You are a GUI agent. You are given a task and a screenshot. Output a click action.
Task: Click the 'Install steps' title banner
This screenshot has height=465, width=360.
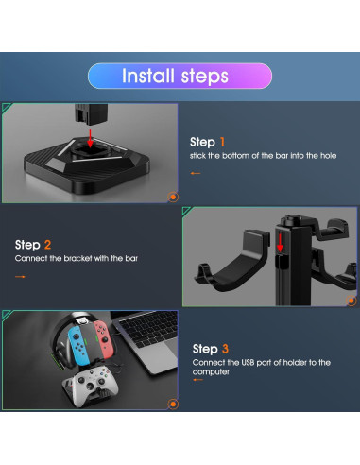(180, 76)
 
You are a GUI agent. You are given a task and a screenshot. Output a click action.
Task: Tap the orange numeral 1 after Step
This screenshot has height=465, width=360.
(222, 142)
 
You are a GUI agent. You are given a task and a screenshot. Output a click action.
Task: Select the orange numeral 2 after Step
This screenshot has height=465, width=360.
(47, 245)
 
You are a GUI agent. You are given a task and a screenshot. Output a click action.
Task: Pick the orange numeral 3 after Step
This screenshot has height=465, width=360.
(225, 349)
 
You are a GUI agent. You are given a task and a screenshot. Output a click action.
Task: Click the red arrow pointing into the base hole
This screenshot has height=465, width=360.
(91, 139)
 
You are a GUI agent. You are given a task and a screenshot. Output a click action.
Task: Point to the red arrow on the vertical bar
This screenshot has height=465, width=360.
(280, 243)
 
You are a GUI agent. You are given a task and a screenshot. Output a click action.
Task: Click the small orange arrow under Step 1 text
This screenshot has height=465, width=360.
(196, 173)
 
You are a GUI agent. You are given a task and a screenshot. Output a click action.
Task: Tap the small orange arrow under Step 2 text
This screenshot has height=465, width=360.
(20, 277)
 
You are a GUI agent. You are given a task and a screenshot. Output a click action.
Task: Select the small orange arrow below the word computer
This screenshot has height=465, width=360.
(197, 380)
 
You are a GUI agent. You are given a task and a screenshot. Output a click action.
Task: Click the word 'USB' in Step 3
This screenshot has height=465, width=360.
(248, 363)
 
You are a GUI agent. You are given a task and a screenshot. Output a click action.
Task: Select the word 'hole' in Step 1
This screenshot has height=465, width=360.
(329, 156)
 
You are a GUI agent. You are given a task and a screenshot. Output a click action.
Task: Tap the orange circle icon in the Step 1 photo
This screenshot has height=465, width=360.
(173, 198)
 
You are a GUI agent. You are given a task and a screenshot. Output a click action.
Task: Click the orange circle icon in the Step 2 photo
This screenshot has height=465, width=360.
(351, 301)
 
